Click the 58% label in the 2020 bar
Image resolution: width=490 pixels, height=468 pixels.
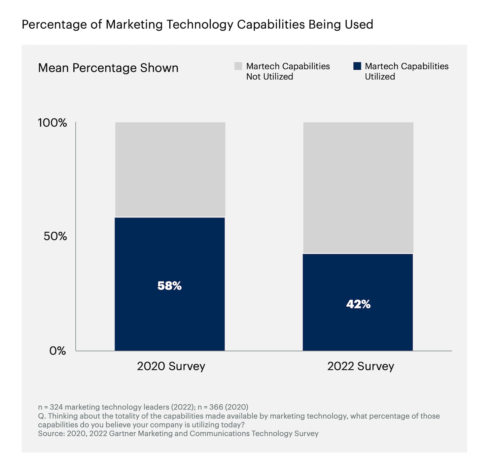[x=170, y=286]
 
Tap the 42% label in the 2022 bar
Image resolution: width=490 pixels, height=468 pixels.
[x=358, y=304]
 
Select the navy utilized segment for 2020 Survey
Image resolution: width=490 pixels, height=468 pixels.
[x=170, y=320]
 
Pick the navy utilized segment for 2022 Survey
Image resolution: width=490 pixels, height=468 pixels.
[x=358, y=330]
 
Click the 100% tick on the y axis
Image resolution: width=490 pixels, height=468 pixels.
[x=53, y=123]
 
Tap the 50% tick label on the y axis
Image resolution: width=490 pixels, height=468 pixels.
[x=55, y=236]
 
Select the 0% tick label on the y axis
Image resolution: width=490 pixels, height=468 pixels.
[x=58, y=351]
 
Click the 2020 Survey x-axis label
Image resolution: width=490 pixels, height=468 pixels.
[x=171, y=366]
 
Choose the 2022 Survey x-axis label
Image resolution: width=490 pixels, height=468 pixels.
[x=360, y=366]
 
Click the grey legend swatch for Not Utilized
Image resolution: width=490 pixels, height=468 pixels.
[x=238, y=66]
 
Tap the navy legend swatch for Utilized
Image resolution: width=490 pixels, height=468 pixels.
[x=357, y=66]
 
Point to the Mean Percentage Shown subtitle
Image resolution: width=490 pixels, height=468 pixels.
[x=108, y=68]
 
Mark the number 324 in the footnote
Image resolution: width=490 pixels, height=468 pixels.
[x=56, y=407]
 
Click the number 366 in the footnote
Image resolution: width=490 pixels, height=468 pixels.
[x=216, y=407]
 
